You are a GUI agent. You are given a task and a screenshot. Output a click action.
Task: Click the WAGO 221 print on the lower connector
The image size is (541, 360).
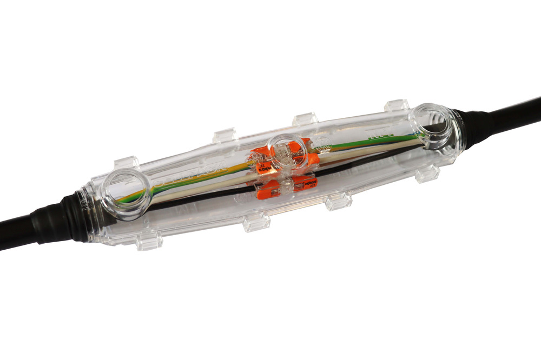pos(308,183)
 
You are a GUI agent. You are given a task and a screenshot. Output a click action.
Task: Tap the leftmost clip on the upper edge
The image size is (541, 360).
pos(126,162)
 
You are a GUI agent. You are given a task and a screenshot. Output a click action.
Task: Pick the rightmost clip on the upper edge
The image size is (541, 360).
pos(396,105)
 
